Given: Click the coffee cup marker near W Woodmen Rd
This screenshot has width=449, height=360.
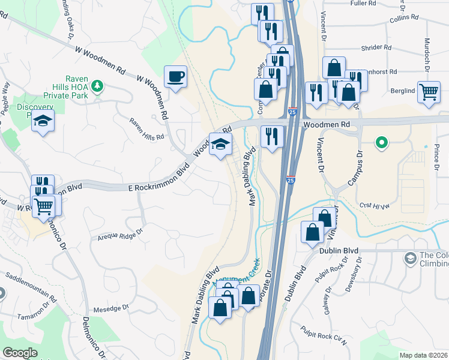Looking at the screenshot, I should coord(175,77).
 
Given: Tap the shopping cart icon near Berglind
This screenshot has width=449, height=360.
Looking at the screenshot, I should coord(429,92).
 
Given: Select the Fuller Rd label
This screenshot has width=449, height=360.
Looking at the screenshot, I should coord(366,3).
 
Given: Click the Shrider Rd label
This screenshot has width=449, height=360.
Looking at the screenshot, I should coord(376,47).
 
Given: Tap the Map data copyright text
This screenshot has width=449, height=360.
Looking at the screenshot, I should coord(423,355).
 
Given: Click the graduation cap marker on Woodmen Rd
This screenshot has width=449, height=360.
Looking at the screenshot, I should coord(220,145).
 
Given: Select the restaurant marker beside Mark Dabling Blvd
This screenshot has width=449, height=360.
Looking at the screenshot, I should coord(272,137).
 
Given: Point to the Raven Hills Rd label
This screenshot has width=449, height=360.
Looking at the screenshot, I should coord(146,128).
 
